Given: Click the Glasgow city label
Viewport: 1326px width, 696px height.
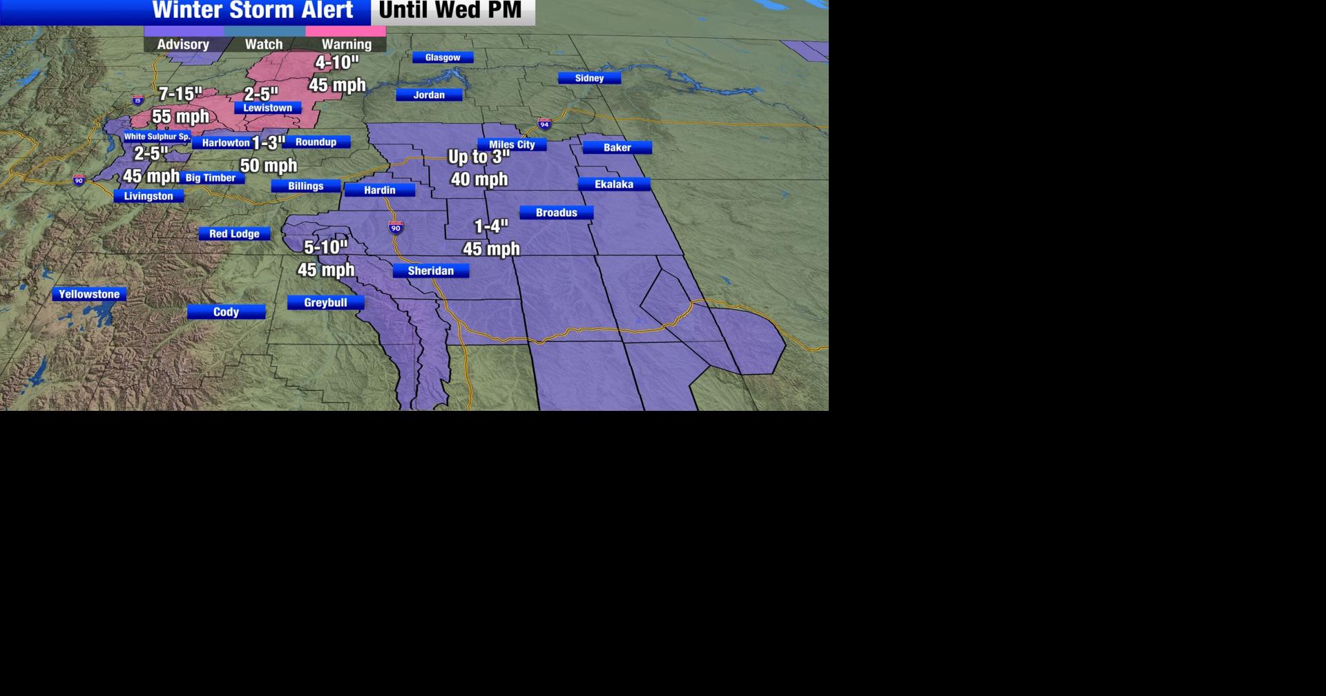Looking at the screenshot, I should tap(443, 57).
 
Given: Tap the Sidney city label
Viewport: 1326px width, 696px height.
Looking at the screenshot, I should tap(589, 78).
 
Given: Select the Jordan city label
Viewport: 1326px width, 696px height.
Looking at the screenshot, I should tap(429, 95).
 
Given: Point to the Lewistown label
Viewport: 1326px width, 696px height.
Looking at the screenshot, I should tap(267, 108).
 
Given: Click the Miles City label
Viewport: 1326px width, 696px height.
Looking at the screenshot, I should tap(512, 144).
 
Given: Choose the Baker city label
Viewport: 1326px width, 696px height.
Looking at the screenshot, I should tap(617, 147).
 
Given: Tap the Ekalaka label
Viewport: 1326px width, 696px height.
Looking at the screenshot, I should tap(614, 184).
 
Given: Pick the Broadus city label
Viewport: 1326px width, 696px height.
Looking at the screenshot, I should tap(556, 213).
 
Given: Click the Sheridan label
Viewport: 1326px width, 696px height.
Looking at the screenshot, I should tap(430, 271).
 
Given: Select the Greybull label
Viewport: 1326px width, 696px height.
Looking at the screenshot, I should tap(325, 302).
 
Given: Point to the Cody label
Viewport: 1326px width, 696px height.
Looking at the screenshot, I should tap(226, 312).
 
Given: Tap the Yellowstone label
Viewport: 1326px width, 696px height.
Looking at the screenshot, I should tap(89, 294).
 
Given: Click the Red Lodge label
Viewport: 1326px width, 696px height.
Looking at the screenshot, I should tap(234, 233).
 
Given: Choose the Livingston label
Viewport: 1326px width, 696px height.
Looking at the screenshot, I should tap(148, 196).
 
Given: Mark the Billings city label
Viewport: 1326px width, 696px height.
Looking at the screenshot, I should tap(305, 186).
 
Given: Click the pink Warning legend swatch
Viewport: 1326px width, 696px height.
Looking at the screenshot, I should tap(345, 31).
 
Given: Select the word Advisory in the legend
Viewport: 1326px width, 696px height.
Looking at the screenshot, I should tap(183, 44).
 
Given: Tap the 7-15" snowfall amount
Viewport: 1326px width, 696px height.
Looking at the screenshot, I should tap(180, 94).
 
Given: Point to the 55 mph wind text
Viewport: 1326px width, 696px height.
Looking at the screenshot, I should tap(180, 116).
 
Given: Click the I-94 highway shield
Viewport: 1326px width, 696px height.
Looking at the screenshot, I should tap(544, 124).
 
